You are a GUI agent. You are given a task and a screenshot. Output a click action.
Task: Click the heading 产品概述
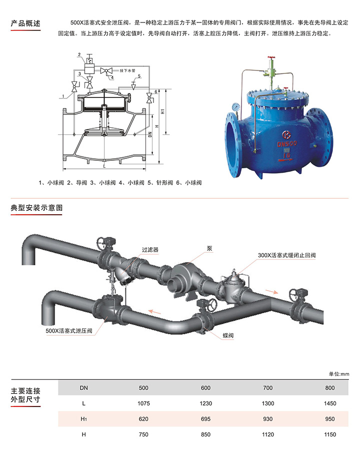coord(25,23)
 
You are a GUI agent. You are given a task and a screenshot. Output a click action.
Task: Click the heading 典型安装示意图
coord(36,208)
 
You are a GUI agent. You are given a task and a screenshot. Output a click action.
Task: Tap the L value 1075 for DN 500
coord(143,403)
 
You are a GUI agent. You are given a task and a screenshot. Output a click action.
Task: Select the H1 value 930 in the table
coord(267,419)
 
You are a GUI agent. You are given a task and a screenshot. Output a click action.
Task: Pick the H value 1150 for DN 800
coord(329,435)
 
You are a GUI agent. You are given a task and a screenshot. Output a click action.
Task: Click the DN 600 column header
coord(205,388)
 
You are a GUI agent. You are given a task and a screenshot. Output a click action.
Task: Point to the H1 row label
coord(83,419)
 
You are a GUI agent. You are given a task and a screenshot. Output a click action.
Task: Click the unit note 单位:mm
coord(339,374)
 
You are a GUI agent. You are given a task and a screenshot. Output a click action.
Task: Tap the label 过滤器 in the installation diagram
coord(150,250)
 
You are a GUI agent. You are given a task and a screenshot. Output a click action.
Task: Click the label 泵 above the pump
coord(209,248)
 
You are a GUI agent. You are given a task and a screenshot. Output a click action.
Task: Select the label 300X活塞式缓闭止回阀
coord(286,255)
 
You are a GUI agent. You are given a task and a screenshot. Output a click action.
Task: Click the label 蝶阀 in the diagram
coord(228,335)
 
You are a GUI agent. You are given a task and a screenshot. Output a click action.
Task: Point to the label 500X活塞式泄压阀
coord(69,331)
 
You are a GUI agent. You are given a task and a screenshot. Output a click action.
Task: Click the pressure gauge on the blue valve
coord(236,107)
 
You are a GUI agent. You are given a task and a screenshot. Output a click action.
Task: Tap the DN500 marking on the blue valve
coord(287,143)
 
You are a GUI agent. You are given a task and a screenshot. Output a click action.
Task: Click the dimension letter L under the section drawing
coord(104,166)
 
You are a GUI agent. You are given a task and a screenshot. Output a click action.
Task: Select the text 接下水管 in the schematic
coord(127,70)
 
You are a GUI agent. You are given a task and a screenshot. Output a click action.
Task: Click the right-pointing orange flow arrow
coord(272,292)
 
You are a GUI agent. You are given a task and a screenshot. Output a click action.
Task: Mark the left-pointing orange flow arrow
coord(154,312)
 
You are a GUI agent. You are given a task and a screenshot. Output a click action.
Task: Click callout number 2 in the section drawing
coord(79,55)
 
